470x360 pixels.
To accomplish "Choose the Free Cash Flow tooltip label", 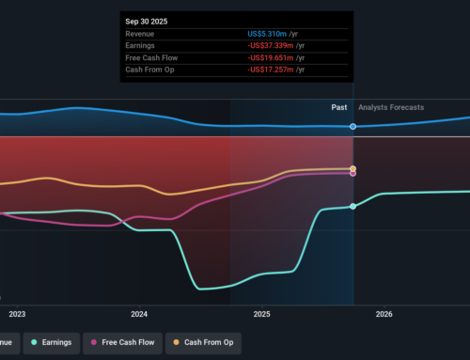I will (x=151, y=57).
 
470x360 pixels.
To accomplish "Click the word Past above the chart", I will (x=339, y=107).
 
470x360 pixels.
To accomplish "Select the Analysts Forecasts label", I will (x=391, y=107).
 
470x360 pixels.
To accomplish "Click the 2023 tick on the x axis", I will (x=17, y=314).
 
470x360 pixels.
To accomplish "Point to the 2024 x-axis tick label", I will (x=139, y=314).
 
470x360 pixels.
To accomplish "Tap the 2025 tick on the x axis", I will (x=261, y=314).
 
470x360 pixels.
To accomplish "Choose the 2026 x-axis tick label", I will (x=384, y=314).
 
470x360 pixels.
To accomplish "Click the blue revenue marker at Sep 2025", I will (x=353, y=126).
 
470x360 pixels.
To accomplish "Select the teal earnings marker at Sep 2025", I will (x=353, y=206).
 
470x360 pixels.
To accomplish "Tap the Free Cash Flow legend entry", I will (x=123, y=342).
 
